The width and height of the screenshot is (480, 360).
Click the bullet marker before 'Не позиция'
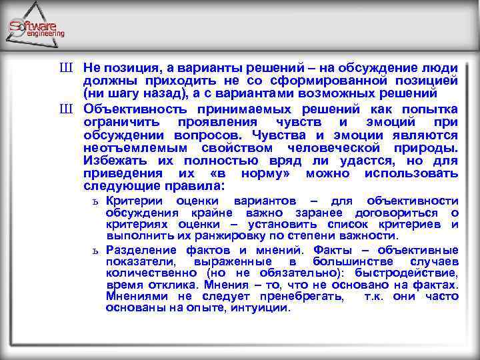click(65, 68)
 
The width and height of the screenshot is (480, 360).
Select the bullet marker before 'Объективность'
click(65, 109)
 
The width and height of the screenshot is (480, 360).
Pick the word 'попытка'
click(431, 109)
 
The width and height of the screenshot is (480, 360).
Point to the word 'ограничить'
click(121, 122)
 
